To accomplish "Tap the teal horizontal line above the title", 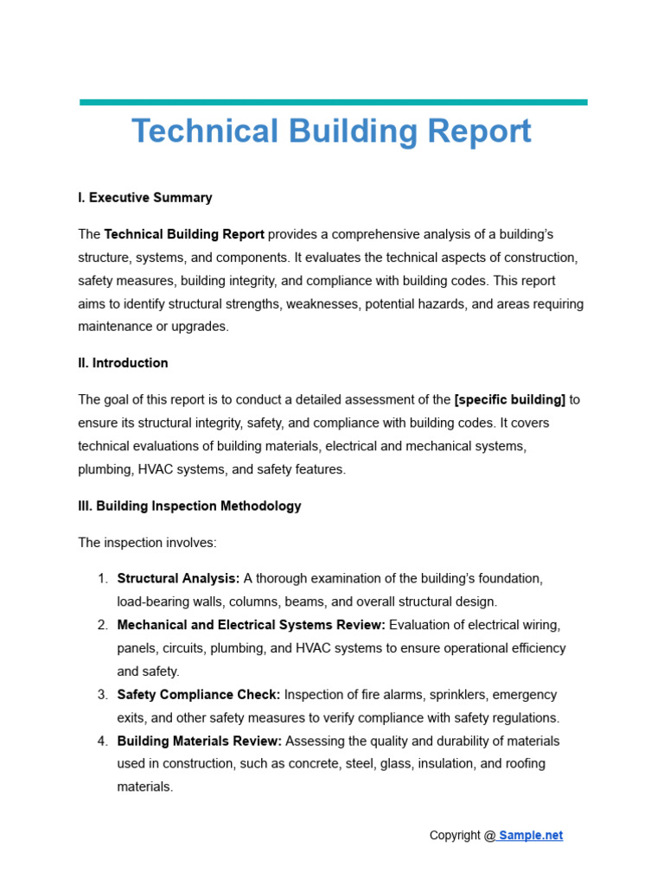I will click(x=333, y=102).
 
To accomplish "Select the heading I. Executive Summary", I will click(x=144, y=198).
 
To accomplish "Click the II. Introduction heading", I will click(x=123, y=363).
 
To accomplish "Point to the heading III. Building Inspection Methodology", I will click(x=189, y=506).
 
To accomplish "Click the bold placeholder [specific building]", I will click(x=509, y=400).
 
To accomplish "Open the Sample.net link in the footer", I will click(x=530, y=836).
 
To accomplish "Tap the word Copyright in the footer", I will click(x=455, y=836).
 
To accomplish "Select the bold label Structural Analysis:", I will click(x=178, y=579).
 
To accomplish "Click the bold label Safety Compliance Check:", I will click(x=198, y=695).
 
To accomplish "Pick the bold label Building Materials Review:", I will click(x=199, y=742).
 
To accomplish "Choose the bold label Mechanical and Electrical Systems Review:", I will click(x=251, y=625).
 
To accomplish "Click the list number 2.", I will click(x=102, y=625).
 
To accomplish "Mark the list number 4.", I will click(x=102, y=742).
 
